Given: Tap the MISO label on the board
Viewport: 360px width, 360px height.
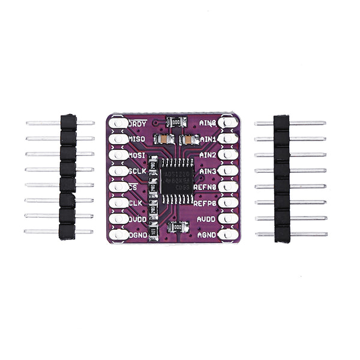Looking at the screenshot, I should point(138,139).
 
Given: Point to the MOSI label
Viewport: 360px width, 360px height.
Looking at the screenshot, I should point(138,155).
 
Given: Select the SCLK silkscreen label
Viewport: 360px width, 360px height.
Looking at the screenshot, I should point(138,172).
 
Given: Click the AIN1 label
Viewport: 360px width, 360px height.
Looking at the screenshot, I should point(208,139).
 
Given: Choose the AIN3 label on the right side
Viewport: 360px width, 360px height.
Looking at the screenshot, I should point(208,172).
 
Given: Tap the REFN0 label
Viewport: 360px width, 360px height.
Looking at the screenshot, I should point(206,187).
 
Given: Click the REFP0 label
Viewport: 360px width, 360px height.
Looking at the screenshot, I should point(206,203).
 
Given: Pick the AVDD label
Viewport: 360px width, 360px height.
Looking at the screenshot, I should point(206,220).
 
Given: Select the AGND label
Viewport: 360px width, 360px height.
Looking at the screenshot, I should point(206,235).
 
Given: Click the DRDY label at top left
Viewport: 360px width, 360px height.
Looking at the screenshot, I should point(139,123).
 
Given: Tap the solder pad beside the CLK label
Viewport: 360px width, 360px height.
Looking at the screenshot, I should point(119,203).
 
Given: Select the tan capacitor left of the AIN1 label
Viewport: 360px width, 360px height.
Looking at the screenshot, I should point(188,139).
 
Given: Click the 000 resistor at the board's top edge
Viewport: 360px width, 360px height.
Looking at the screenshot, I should point(175,122).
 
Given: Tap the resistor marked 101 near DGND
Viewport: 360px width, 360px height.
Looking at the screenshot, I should point(154,231).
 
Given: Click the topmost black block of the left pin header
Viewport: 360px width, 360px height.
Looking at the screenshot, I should point(68,122).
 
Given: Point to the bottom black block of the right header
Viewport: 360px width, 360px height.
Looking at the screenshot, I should point(283,234).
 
